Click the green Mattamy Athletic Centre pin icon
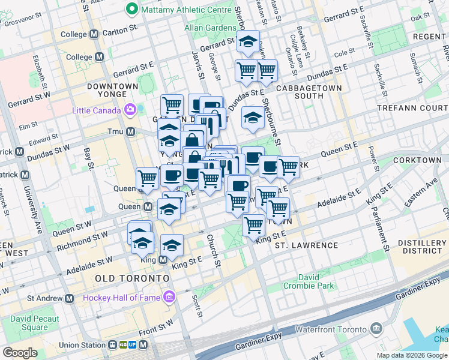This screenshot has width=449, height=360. pos(131,10)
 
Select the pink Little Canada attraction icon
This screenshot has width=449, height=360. pos(129,110)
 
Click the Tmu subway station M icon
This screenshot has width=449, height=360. pos(130,131)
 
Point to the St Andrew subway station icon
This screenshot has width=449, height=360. pos(70,298)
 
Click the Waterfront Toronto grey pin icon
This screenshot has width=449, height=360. pos(376,329)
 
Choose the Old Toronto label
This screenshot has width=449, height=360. pos(131,279)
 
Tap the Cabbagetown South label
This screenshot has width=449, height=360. pos(310,92)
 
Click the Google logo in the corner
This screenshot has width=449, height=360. pos(20,353)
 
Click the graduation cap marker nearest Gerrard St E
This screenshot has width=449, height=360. pos(247,41)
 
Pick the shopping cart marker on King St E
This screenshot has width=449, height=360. pos(254,224)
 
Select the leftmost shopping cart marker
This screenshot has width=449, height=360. pos(148,178)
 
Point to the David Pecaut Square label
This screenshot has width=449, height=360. pos(34,322)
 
